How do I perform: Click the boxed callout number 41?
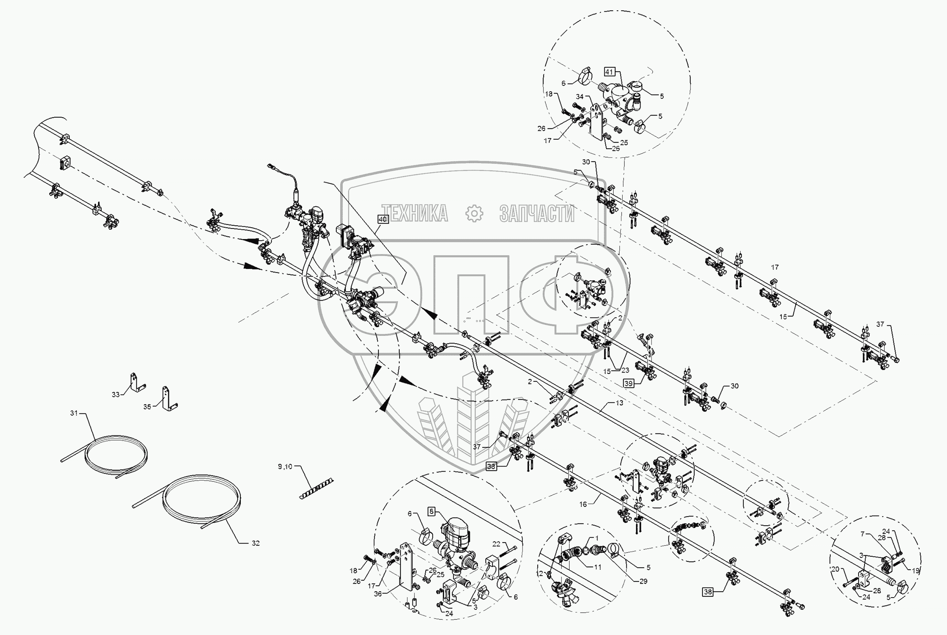click(x=609, y=72)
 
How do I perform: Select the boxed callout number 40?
click(x=383, y=219)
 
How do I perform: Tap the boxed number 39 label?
click(x=628, y=384)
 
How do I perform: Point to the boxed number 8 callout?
click(x=432, y=512)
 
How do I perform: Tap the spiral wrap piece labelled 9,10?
click(x=316, y=488)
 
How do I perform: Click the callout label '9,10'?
click(x=284, y=466)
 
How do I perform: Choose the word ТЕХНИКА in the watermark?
click(x=415, y=213)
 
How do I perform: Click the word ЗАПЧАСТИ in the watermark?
click(x=537, y=213)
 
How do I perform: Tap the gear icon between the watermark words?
click(x=474, y=213)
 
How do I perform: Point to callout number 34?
click(x=580, y=96)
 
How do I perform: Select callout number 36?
click(x=377, y=594)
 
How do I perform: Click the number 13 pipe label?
click(x=620, y=403)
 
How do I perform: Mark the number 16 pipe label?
click(x=583, y=504)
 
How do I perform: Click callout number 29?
click(x=643, y=581)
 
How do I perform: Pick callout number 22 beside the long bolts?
click(x=496, y=544)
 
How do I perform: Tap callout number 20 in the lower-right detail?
click(x=835, y=569)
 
